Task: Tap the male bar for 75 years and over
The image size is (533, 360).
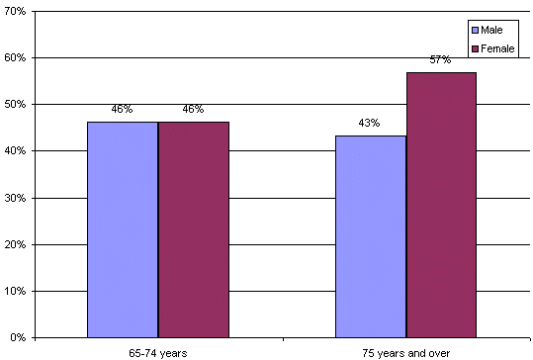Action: pyautogui.click(x=370, y=236)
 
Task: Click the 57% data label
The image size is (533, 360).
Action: pyautogui.click(x=440, y=60)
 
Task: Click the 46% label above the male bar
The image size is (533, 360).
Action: pyautogui.click(x=122, y=110)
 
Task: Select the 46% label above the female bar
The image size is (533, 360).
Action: pyautogui.click(x=193, y=110)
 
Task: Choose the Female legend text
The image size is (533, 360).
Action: pyautogui.click(x=498, y=48)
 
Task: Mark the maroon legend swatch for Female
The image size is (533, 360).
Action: pyautogui.click(x=475, y=48)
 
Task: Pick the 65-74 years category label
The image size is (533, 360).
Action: pyautogui.click(x=157, y=351)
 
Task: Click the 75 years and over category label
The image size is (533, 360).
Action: pyautogui.click(x=405, y=351)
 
